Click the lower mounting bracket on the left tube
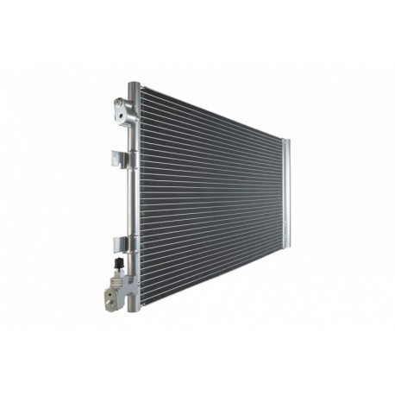click(119, 242)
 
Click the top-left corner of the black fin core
click(140, 85)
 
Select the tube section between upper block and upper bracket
click(130, 138)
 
